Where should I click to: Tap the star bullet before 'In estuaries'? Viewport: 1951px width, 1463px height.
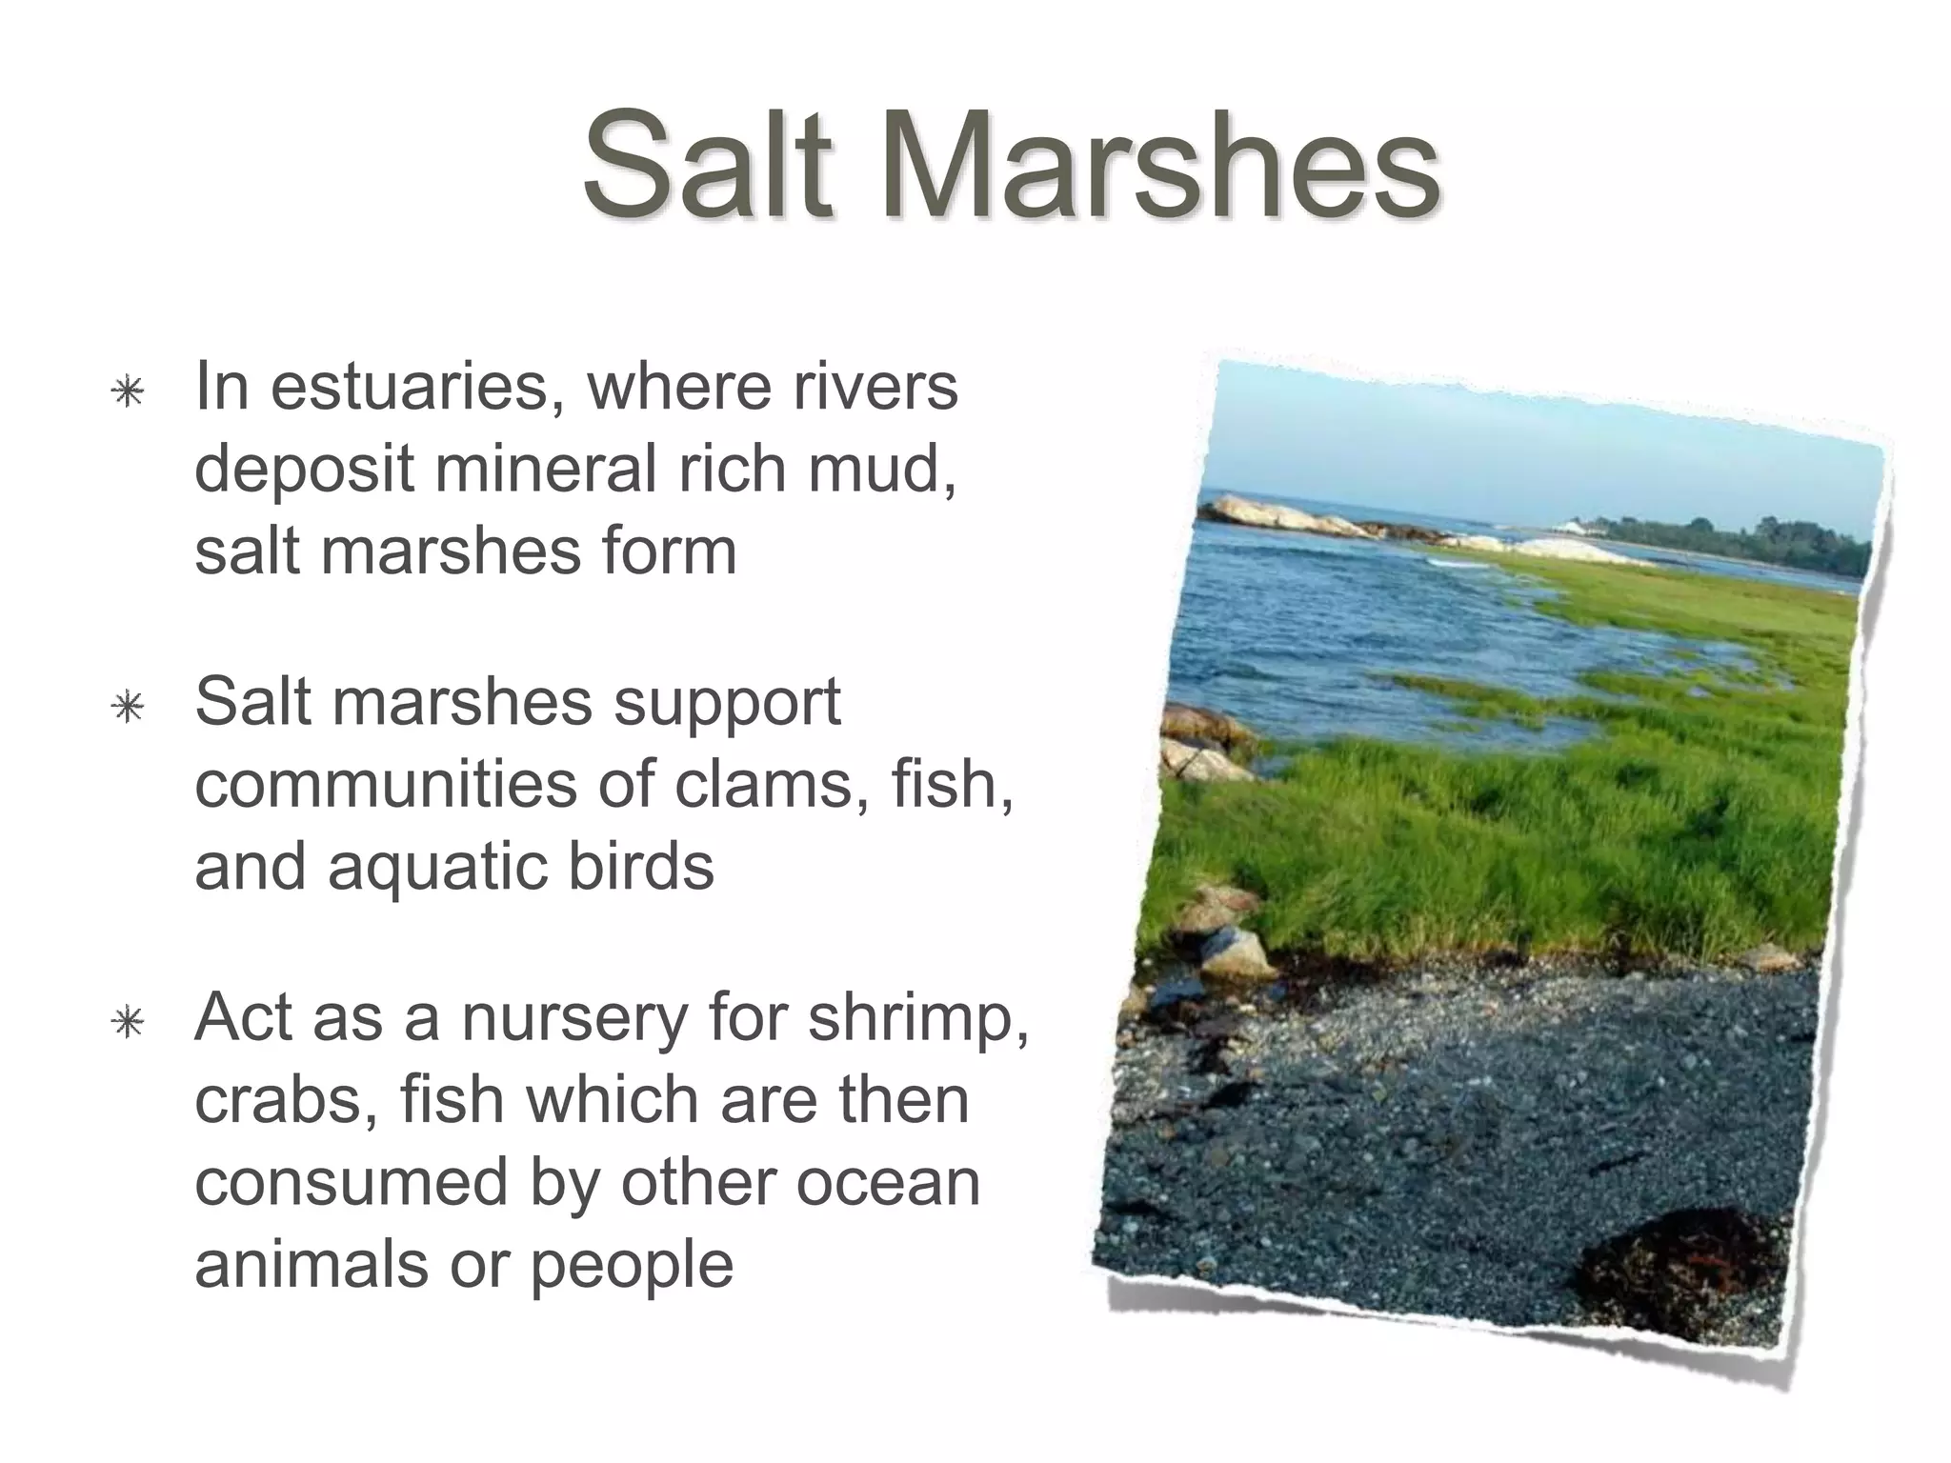127,391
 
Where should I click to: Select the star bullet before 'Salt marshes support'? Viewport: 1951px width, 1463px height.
127,707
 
